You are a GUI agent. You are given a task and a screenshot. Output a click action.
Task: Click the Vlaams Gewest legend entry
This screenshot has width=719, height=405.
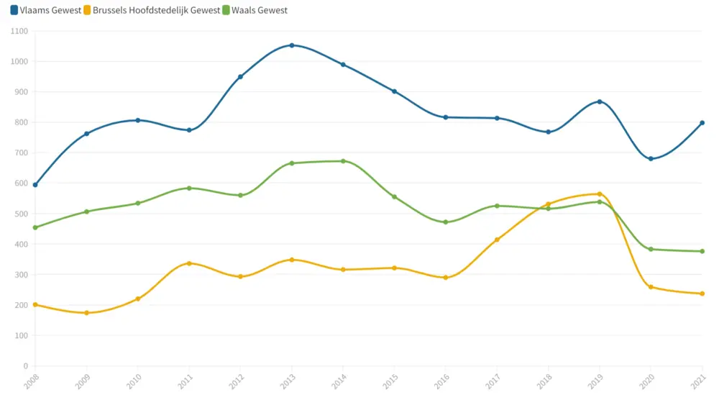(x=46, y=10)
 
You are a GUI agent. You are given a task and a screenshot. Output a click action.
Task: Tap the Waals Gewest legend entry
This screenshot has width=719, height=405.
(x=255, y=10)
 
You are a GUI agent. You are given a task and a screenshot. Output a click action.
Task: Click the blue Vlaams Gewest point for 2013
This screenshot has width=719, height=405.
(x=292, y=45)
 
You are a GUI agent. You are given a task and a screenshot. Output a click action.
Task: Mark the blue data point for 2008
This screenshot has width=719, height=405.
(x=35, y=185)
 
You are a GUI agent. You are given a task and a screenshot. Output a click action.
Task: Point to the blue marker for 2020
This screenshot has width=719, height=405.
(x=651, y=159)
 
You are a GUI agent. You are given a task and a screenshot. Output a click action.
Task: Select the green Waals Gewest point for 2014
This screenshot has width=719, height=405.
(x=343, y=161)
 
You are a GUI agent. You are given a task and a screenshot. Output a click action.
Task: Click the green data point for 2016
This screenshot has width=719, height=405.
(x=446, y=222)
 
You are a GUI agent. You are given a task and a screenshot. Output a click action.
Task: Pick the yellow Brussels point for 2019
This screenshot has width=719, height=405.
(x=600, y=194)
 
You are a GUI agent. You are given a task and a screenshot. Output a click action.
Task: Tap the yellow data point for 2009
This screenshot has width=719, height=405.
(x=86, y=313)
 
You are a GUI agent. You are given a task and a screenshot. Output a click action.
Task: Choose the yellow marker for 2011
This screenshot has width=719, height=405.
(x=189, y=263)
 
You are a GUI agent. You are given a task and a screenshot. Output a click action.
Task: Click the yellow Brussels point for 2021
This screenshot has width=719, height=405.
(x=702, y=293)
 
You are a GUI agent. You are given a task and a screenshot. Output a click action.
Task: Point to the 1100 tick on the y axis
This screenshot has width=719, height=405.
(x=19, y=31)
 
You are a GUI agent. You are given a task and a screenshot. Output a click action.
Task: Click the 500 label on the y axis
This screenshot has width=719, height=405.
(x=21, y=214)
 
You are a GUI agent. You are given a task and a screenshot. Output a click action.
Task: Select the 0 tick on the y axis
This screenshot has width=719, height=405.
(x=24, y=366)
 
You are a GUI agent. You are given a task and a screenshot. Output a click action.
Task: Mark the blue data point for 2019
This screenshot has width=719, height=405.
(x=600, y=102)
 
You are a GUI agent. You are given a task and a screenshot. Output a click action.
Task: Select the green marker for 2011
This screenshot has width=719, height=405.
(x=189, y=188)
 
